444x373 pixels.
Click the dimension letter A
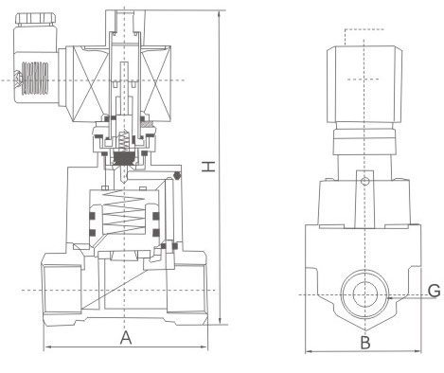point(126,338)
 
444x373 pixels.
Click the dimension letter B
point(365,343)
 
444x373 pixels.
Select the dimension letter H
point(208,167)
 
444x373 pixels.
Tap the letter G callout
point(435,291)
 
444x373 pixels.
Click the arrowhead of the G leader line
point(389,297)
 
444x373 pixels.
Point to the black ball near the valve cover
point(177,175)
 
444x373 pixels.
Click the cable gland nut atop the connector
point(36,20)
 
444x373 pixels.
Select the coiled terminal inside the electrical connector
point(34,78)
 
